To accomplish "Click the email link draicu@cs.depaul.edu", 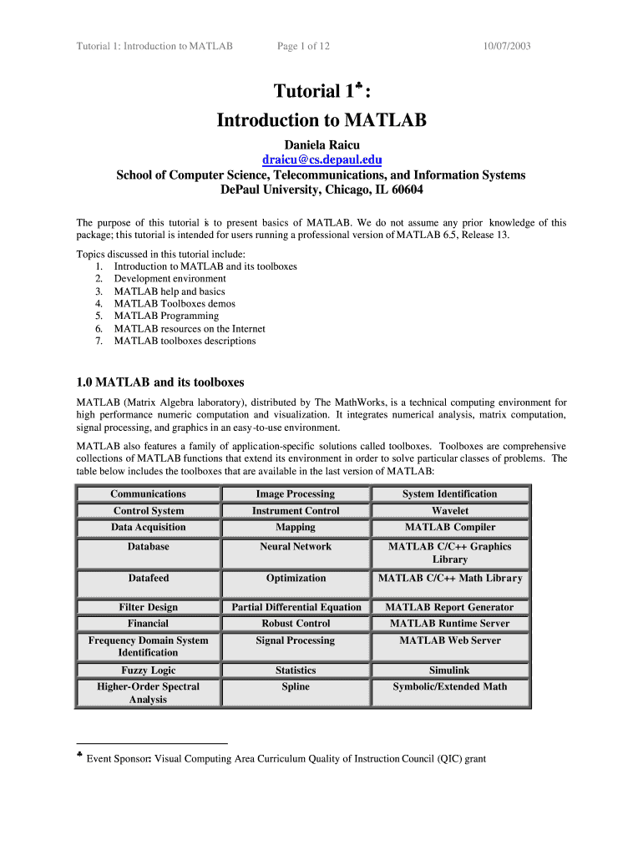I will [321, 159].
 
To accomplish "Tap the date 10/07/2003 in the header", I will [507, 46].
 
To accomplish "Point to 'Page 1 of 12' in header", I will [303, 46].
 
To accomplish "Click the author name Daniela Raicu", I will [321, 145].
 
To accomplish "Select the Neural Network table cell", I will [296, 547].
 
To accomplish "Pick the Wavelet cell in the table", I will [450, 511].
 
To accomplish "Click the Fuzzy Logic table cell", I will [148, 670].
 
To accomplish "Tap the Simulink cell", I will [450, 670].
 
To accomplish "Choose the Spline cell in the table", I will [296, 687].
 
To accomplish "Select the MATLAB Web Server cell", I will [450, 641].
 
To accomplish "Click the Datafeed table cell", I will [148, 579].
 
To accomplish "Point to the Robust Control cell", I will [296, 624].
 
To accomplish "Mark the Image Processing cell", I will [296, 494].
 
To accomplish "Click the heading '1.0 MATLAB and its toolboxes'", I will [160, 382].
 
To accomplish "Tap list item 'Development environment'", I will [170, 279].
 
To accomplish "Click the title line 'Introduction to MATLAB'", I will [321, 121].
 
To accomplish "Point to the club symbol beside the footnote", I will [78, 757].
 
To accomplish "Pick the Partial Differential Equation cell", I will [296, 608].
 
